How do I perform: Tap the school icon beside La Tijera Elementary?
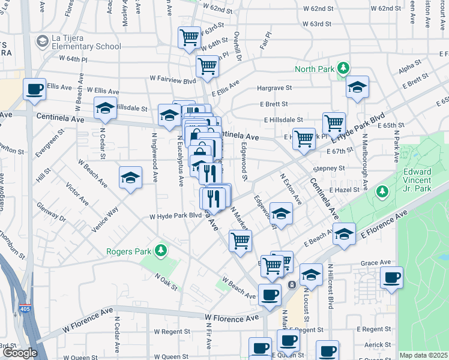click(x=42, y=41)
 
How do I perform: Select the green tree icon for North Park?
click(x=343, y=68)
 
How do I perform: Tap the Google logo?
click(x=20, y=353)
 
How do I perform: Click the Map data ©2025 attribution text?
click(x=423, y=355)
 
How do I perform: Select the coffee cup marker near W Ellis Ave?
click(x=34, y=89)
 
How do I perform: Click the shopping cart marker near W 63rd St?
click(x=190, y=38)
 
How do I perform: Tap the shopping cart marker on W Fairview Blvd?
click(x=207, y=66)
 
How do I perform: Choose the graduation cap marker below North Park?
click(x=357, y=88)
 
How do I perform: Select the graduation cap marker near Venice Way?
click(x=130, y=178)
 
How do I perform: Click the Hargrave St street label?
click(x=274, y=88)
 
